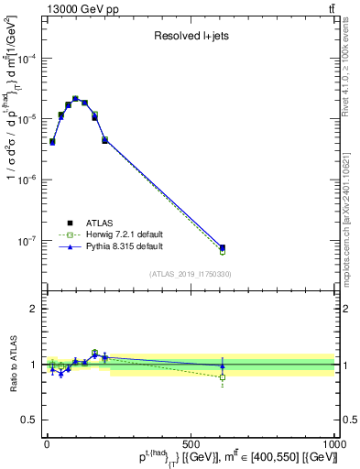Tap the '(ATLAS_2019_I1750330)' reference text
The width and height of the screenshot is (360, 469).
coord(191,274)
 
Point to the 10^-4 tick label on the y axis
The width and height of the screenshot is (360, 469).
coord(27,59)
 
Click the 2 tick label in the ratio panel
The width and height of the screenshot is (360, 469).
coord(33,309)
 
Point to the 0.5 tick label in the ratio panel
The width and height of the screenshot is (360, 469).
coord(29,420)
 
